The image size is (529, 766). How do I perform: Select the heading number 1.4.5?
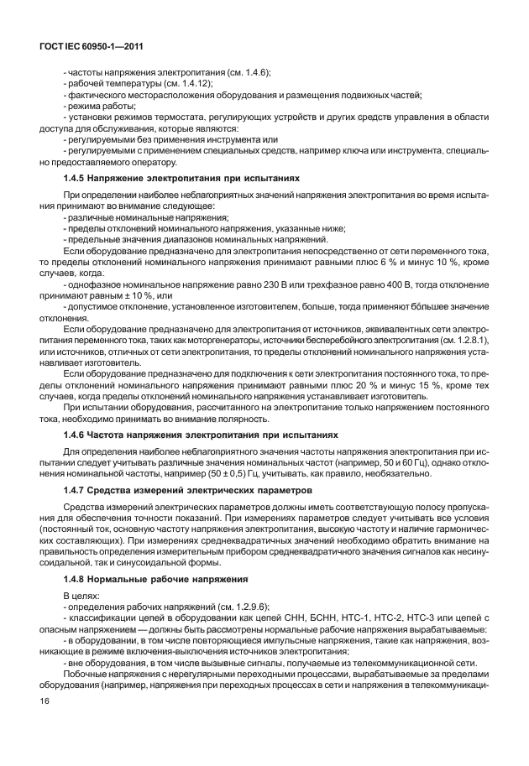pyautogui.click(x=76, y=178)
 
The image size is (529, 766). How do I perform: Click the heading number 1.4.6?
pyautogui.click(x=76, y=435)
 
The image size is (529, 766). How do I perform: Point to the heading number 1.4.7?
pyautogui.click(x=76, y=488)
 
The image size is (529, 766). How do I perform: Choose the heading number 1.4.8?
pyautogui.click(x=76, y=578)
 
